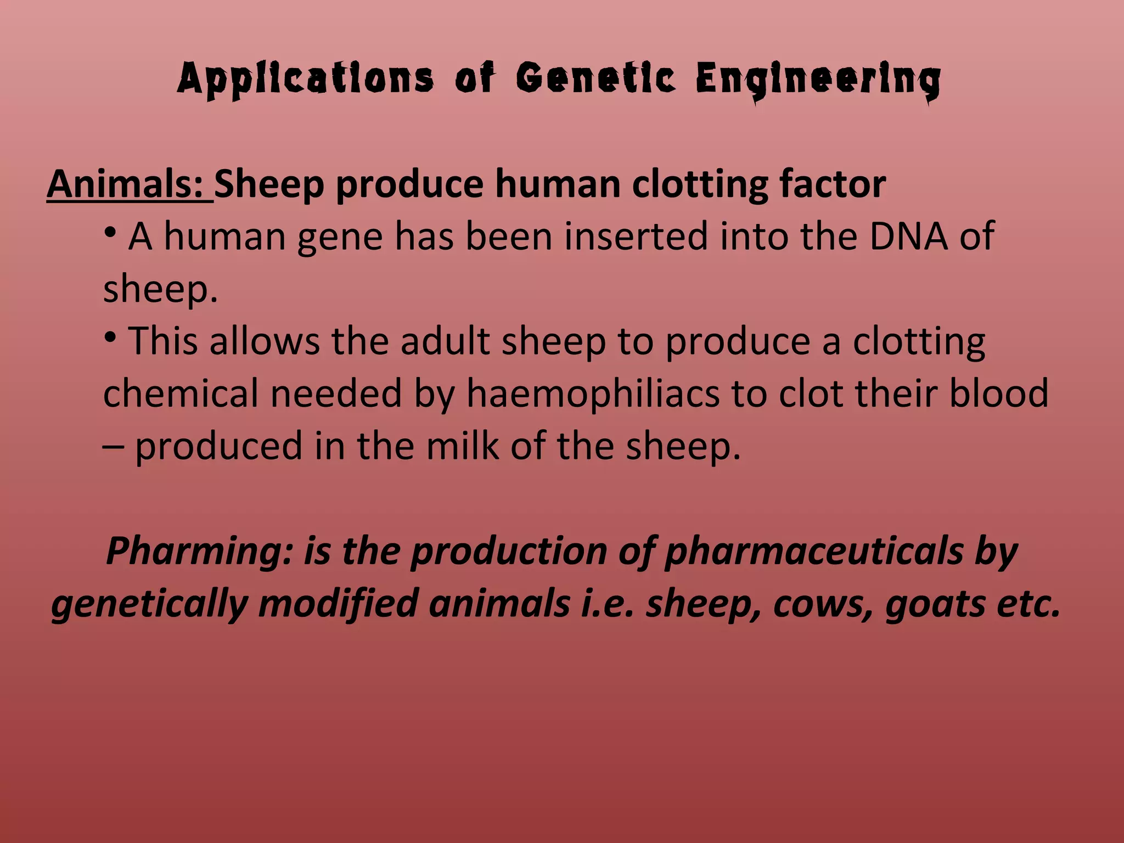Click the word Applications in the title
305,80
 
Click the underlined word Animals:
130,184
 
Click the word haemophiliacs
593,394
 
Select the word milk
462,446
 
